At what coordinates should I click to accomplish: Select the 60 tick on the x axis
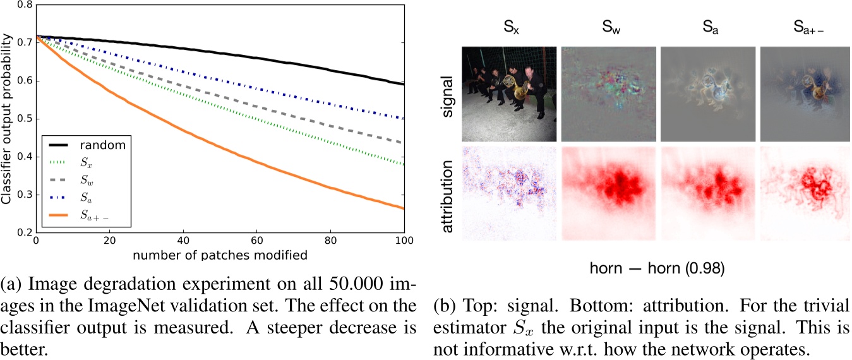pos(256,241)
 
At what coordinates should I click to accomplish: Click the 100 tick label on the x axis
pos(403,241)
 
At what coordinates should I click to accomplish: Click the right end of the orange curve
pos(403,208)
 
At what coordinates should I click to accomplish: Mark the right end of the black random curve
pos(403,83)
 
